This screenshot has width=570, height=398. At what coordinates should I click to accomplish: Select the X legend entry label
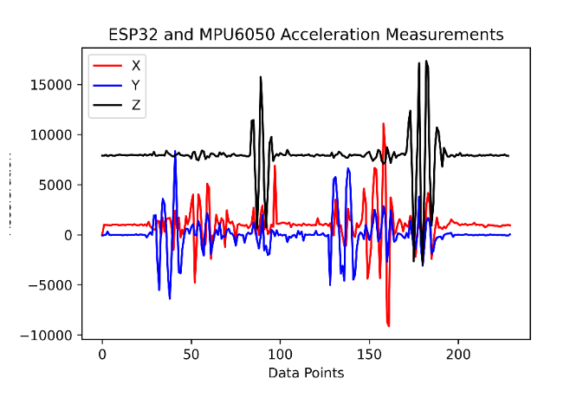(136, 65)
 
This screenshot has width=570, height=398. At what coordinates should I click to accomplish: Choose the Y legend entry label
(136, 86)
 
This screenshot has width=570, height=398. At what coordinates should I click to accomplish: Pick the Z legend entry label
(136, 107)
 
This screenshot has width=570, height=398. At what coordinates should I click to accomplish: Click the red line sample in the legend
(108, 65)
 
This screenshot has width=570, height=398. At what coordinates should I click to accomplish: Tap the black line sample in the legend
(108, 107)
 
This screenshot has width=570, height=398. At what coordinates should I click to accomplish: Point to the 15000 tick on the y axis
(58, 85)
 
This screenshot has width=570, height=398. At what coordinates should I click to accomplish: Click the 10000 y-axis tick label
(58, 134)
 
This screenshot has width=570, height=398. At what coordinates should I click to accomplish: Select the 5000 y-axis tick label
(62, 185)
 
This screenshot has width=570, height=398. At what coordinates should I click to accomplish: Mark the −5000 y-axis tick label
(57, 284)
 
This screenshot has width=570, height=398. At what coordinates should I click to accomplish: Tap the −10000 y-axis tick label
(54, 335)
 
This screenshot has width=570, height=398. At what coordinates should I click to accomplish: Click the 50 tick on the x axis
(191, 355)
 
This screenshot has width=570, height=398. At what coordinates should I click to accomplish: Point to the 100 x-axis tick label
(280, 355)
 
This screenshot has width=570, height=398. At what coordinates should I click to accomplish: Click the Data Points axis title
(306, 373)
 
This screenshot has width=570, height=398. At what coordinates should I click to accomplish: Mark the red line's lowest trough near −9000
(389, 326)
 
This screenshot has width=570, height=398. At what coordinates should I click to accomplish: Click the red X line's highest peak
(384, 124)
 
